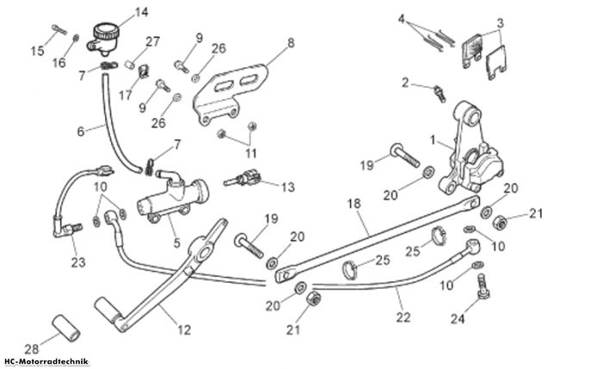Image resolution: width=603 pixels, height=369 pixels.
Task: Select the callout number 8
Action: (291, 43)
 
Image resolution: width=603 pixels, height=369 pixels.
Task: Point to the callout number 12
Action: (184, 329)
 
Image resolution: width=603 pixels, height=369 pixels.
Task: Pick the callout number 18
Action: (354, 203)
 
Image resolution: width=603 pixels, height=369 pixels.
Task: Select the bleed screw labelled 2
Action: (440, 93)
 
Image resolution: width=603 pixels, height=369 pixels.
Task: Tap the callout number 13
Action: (288, 187)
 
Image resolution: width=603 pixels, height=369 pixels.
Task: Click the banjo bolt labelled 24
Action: (482, 285)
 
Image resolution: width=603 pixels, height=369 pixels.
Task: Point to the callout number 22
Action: (403, 317)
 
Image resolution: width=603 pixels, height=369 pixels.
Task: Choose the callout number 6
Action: (80, 132)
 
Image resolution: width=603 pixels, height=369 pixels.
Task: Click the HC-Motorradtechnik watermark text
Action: (47, 362)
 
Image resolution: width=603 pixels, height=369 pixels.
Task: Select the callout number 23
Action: (78, 262)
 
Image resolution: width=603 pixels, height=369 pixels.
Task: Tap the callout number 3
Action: (500, 23)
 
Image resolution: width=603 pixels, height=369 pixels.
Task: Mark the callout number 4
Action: (401, 18)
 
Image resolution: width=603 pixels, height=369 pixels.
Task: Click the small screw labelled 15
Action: (59, 29)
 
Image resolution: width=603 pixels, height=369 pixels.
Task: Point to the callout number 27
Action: (152, 41)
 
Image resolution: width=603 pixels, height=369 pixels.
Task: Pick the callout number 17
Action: (126, 95)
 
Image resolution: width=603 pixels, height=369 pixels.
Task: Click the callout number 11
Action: (251, 153)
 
